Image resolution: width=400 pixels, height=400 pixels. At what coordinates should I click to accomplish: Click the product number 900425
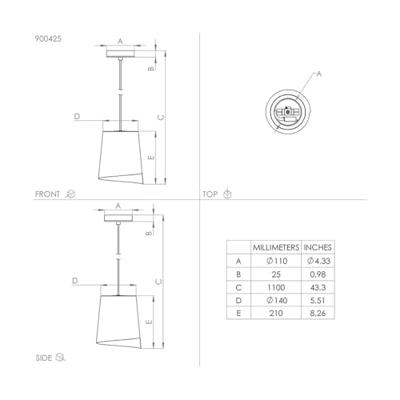click(48, 39)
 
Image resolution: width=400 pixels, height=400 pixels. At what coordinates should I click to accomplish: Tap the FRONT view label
click(48, 194)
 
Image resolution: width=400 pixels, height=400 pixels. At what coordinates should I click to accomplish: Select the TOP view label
click(210, 194)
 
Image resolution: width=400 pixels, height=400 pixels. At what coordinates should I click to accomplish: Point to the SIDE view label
click(44, 358)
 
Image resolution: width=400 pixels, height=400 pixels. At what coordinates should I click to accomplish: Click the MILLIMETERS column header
click(276, 248)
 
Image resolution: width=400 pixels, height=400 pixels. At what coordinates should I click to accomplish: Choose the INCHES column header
click(318, 248)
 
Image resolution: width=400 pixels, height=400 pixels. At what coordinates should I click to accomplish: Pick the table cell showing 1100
click(276, 287)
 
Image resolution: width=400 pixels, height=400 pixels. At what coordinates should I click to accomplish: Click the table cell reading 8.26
click(317, 313)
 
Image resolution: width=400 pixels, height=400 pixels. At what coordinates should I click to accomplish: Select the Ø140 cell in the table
click(276, 300)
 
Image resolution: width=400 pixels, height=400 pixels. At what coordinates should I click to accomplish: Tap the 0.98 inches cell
click(317, 274)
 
